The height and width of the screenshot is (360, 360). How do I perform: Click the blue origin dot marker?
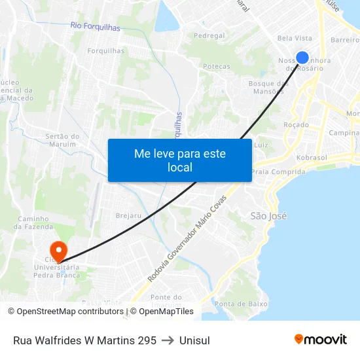pos(302,58)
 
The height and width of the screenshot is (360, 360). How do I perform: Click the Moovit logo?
pos(321,340)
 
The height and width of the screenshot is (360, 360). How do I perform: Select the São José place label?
pos(268,215)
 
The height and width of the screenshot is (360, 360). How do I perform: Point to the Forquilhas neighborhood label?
pos(107,50)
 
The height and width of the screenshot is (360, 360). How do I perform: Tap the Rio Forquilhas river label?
pos(95,26)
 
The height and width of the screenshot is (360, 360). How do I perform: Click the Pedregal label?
pos(209,35)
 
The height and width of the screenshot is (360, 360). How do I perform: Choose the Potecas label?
pos(217,66)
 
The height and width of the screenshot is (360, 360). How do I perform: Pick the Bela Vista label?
pos(295,39)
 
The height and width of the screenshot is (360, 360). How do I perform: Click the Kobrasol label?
pos(311,158)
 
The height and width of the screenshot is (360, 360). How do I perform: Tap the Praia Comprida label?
pos(278,172)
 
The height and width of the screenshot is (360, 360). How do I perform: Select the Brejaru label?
pos(128,215)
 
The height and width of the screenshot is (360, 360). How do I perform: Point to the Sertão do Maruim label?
pos(63,140)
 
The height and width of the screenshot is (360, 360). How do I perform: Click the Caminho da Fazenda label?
pos(33,223)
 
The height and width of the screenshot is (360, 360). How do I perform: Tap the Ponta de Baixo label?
pos(241,304)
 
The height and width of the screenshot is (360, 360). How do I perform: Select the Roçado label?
pos(296,124)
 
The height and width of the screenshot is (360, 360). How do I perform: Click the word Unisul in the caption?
pos(194,340)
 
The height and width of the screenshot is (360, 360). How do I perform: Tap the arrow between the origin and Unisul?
pos(168,340)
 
